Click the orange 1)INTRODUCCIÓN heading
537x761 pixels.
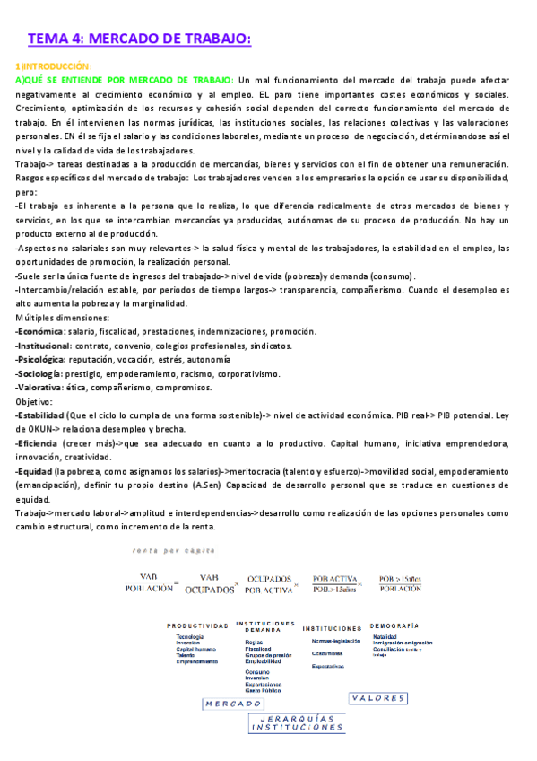click(54, 66)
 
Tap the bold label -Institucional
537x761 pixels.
click(43, 346)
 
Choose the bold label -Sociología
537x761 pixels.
click(39, 373)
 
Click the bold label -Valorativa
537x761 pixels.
click(39, 388)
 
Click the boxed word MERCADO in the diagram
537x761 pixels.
click(232, 704)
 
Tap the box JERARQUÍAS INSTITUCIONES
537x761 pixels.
click(295, 723)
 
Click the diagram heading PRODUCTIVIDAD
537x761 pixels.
click(196, 625)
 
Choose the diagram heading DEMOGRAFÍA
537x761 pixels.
click(394, 625)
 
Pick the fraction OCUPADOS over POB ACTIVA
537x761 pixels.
click(268, 585)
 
